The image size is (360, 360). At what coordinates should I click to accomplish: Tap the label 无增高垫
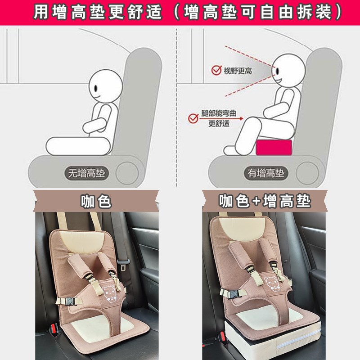[85, 173]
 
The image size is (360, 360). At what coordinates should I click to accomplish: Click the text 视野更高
[238, 71]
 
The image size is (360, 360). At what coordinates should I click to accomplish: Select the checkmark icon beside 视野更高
[216, 71]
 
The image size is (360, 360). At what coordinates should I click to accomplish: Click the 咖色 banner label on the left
[95, 201]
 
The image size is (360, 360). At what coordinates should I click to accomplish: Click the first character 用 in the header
[41, 12]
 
